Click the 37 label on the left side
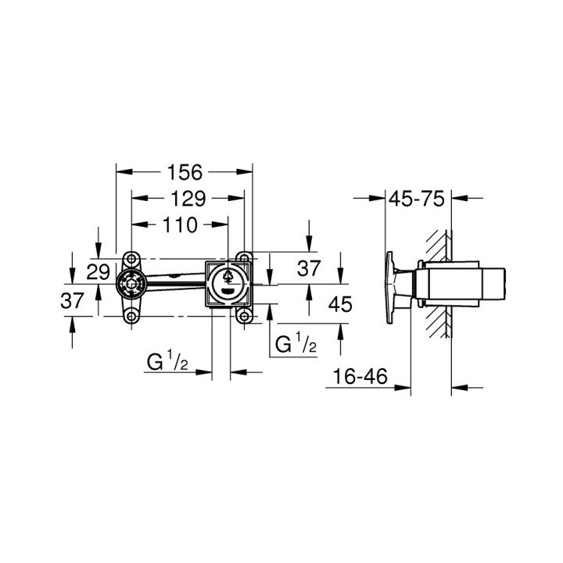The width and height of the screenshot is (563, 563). (73, 300)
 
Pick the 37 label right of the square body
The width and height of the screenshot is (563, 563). (310, 269)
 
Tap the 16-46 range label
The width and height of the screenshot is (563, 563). (360, 377)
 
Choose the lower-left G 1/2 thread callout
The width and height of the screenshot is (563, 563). (166, 363)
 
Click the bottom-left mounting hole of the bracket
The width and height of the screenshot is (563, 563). (131, 316)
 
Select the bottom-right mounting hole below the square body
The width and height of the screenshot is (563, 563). (245, 316)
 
